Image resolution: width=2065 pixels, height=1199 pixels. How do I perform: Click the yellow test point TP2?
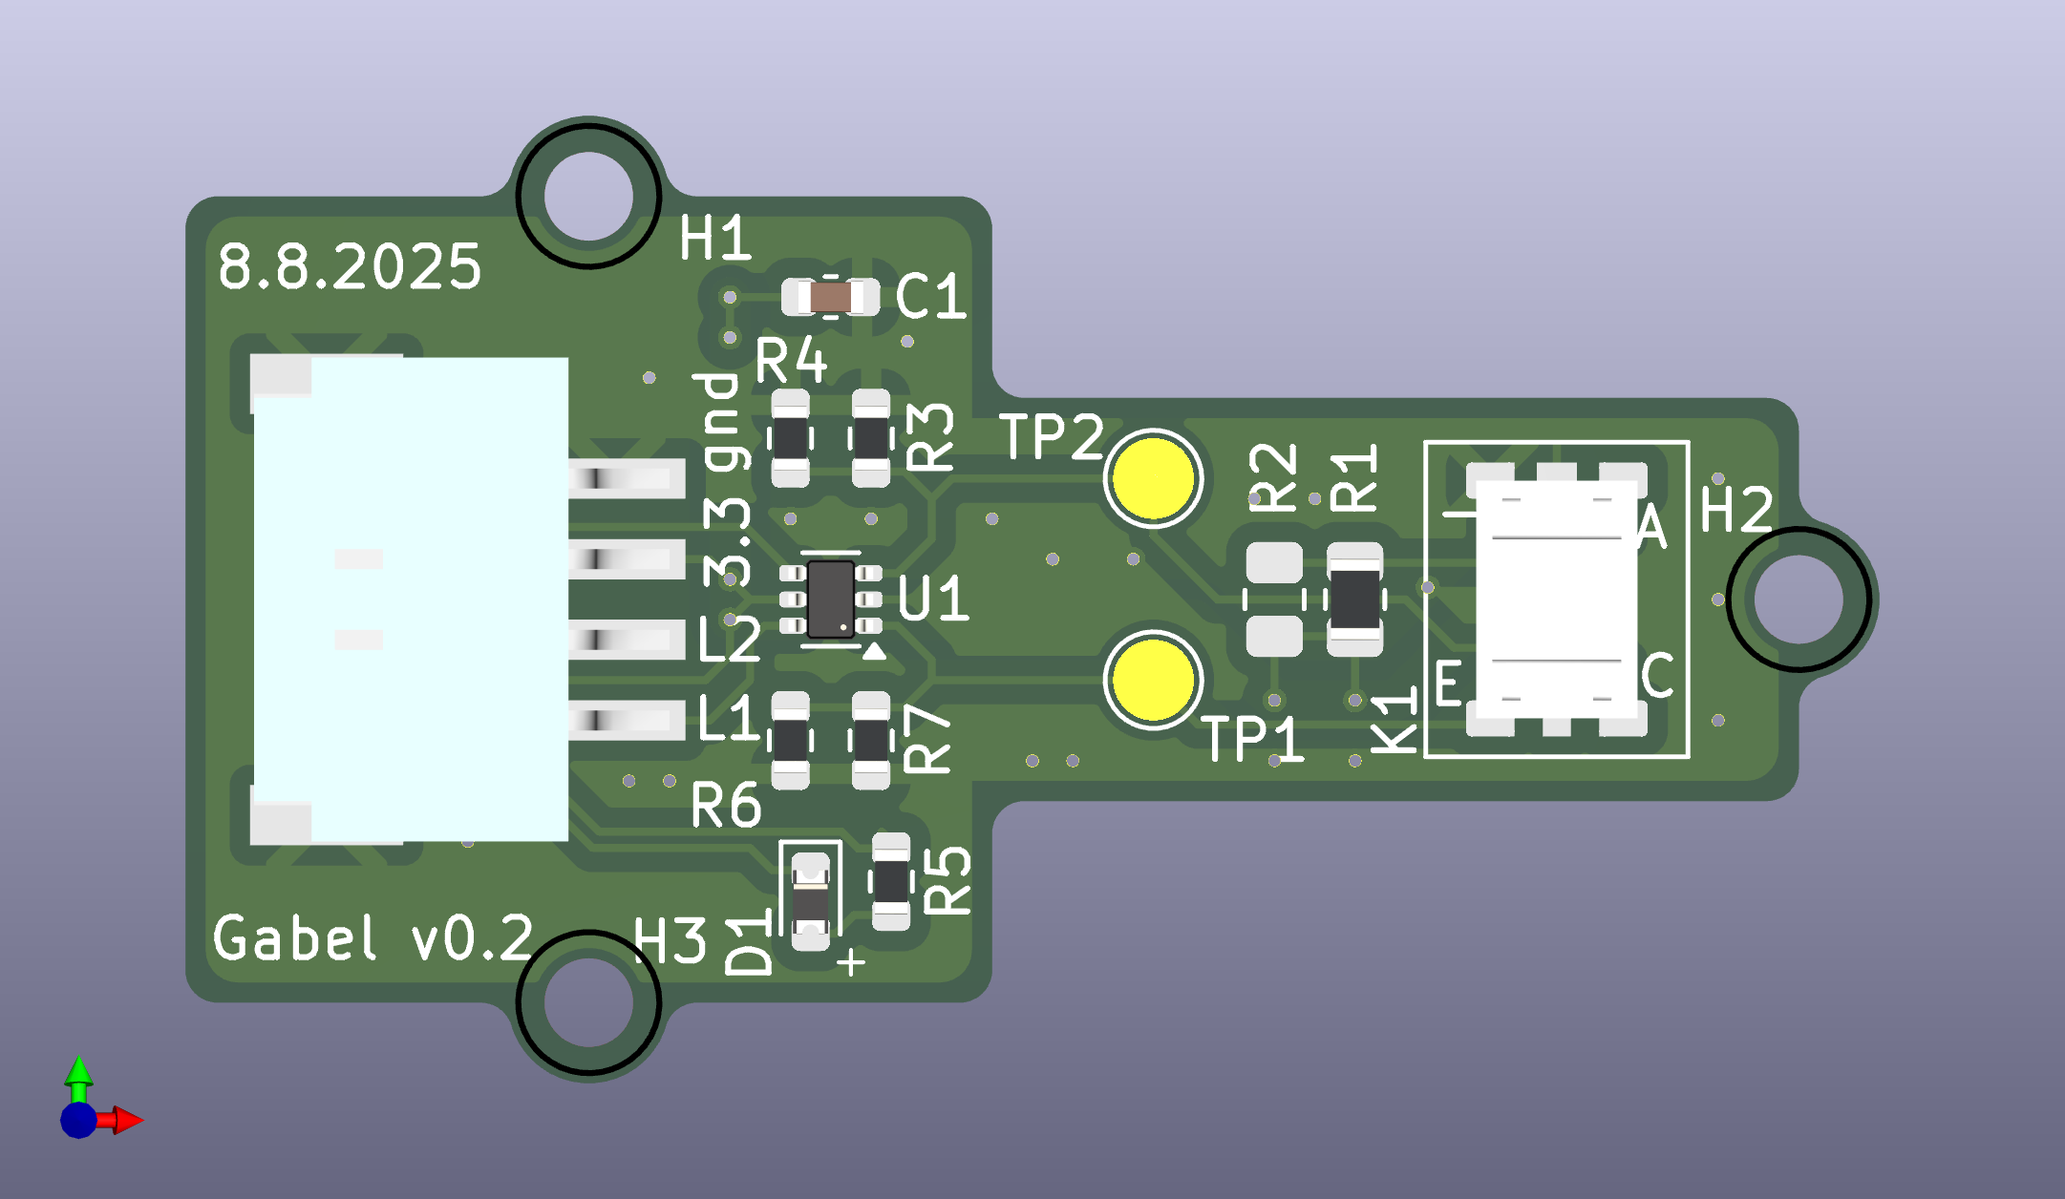click(1153, 478)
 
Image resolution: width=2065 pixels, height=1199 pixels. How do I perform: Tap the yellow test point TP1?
click(1153, 680)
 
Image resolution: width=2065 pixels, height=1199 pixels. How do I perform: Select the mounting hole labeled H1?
click(588, 196)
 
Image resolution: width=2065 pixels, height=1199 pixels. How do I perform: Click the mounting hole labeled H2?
click(1799, 599)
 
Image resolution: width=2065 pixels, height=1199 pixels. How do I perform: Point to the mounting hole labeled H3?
click(588, 1003)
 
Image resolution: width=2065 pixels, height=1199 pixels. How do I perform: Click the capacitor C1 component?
click(830, 297)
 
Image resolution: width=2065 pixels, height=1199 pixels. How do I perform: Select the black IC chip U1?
click(830, 599)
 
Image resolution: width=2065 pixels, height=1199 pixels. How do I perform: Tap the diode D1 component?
click(811, 901)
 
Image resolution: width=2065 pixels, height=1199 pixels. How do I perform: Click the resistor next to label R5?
click(891, 881)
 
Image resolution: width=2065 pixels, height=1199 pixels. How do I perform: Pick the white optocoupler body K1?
click(1556, 599)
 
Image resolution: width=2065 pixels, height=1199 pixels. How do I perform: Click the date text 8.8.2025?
click(350, 266)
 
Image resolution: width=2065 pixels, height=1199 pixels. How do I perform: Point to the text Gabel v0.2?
click(373, 938)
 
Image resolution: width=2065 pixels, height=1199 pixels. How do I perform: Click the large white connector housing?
click(411, 599)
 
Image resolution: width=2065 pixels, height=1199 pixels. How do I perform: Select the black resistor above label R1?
click(1354, 599)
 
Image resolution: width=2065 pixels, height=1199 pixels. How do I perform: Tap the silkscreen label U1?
click(933, 599)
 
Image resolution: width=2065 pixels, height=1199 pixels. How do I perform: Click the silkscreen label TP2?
click(1051, 437)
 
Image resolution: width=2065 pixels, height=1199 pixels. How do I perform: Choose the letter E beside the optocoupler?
click(1448, 683)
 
